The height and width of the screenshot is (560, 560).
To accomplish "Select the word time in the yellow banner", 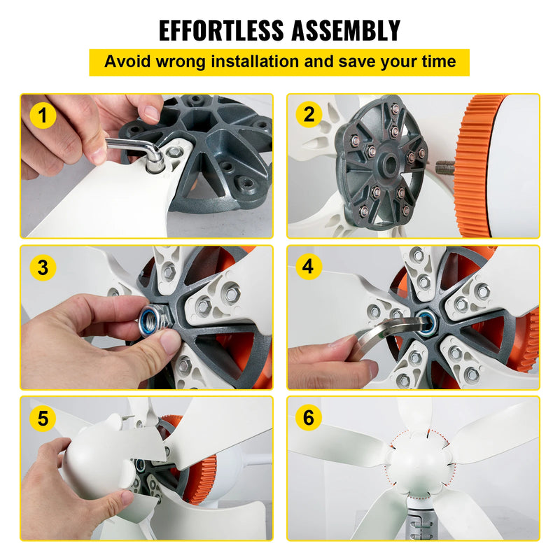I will (x=437, y=62).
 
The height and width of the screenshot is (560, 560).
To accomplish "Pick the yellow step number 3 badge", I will (x=43, y=267).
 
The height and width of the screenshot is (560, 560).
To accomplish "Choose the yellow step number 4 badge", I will (x=309, y=267).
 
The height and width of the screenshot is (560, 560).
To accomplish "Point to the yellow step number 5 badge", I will (x=43, y=419).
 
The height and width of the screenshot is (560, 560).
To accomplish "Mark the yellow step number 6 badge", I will (x=309, y=419).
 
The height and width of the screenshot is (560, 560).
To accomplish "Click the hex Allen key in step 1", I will (x=133, y=147).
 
